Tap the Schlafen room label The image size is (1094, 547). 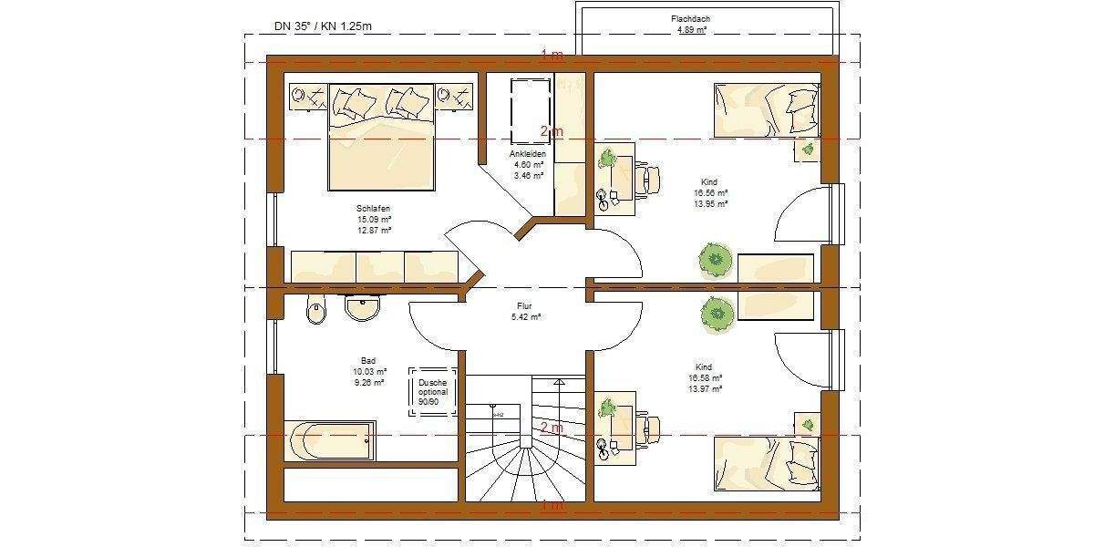coord(374,208)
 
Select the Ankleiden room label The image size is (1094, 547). coord(528,154)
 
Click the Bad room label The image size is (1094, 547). coord(368,360)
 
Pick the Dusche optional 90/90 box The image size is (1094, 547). coord(432,392)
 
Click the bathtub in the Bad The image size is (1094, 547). coord(329,442)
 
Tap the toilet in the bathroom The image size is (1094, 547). coord(315,310)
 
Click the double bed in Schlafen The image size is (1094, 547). coord(381,137)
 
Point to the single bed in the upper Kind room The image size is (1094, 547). coord(766,109)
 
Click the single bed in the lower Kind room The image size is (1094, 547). coord(766,463)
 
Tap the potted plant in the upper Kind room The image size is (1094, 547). coord(716,260)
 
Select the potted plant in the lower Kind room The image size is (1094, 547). coord(717,315)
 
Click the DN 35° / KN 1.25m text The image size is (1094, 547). coord(323,26)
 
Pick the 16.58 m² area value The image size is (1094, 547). coord(708,377)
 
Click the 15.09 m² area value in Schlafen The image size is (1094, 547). coord(374,219)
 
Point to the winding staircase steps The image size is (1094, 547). coord(524,456)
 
